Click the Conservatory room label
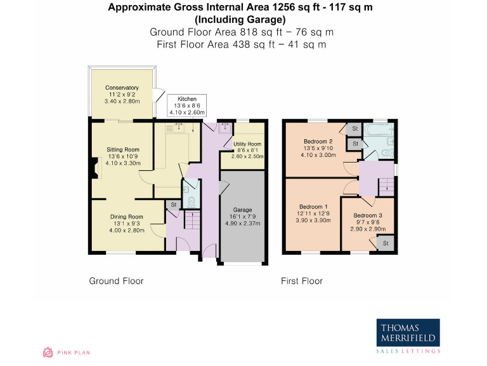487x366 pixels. pyautogui.click(x=122, y=94)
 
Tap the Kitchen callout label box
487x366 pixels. pyautogui.click(x=187, y=105)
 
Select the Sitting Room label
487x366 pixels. pyautogui.click(x=123, y=156)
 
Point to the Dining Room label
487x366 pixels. pyautogui.click(x=127, y=224)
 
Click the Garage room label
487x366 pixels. pyautogui.click(x=243, y=217)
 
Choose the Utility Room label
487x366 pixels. pyautogui.click(x=247, y=150)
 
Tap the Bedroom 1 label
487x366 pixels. pyautogui.click(x=313, y=213)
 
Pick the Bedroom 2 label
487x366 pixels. pyautogui.click(x=318, y=148)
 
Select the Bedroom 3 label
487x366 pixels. pyautogui.click(x=368, y=222)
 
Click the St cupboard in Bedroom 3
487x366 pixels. pyautogui.click(x=386, y=243)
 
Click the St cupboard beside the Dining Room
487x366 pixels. pyautogui.click(x=174, y=205)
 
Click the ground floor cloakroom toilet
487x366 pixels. pyautogui.click(x=192, y=202)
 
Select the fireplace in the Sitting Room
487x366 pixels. pyautogui.click(x=95, y=168)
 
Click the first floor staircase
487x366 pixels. pyautogui.click(x=386, y=187)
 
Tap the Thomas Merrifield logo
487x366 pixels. pyautogui.click(x=408, y=335)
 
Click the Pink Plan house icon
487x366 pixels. pyautogui.click(x=48, y=352)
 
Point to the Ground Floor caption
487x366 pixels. pyautogui.click(x=116, y=281)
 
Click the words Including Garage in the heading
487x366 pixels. pyautogui.click(x=240, y=20)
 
